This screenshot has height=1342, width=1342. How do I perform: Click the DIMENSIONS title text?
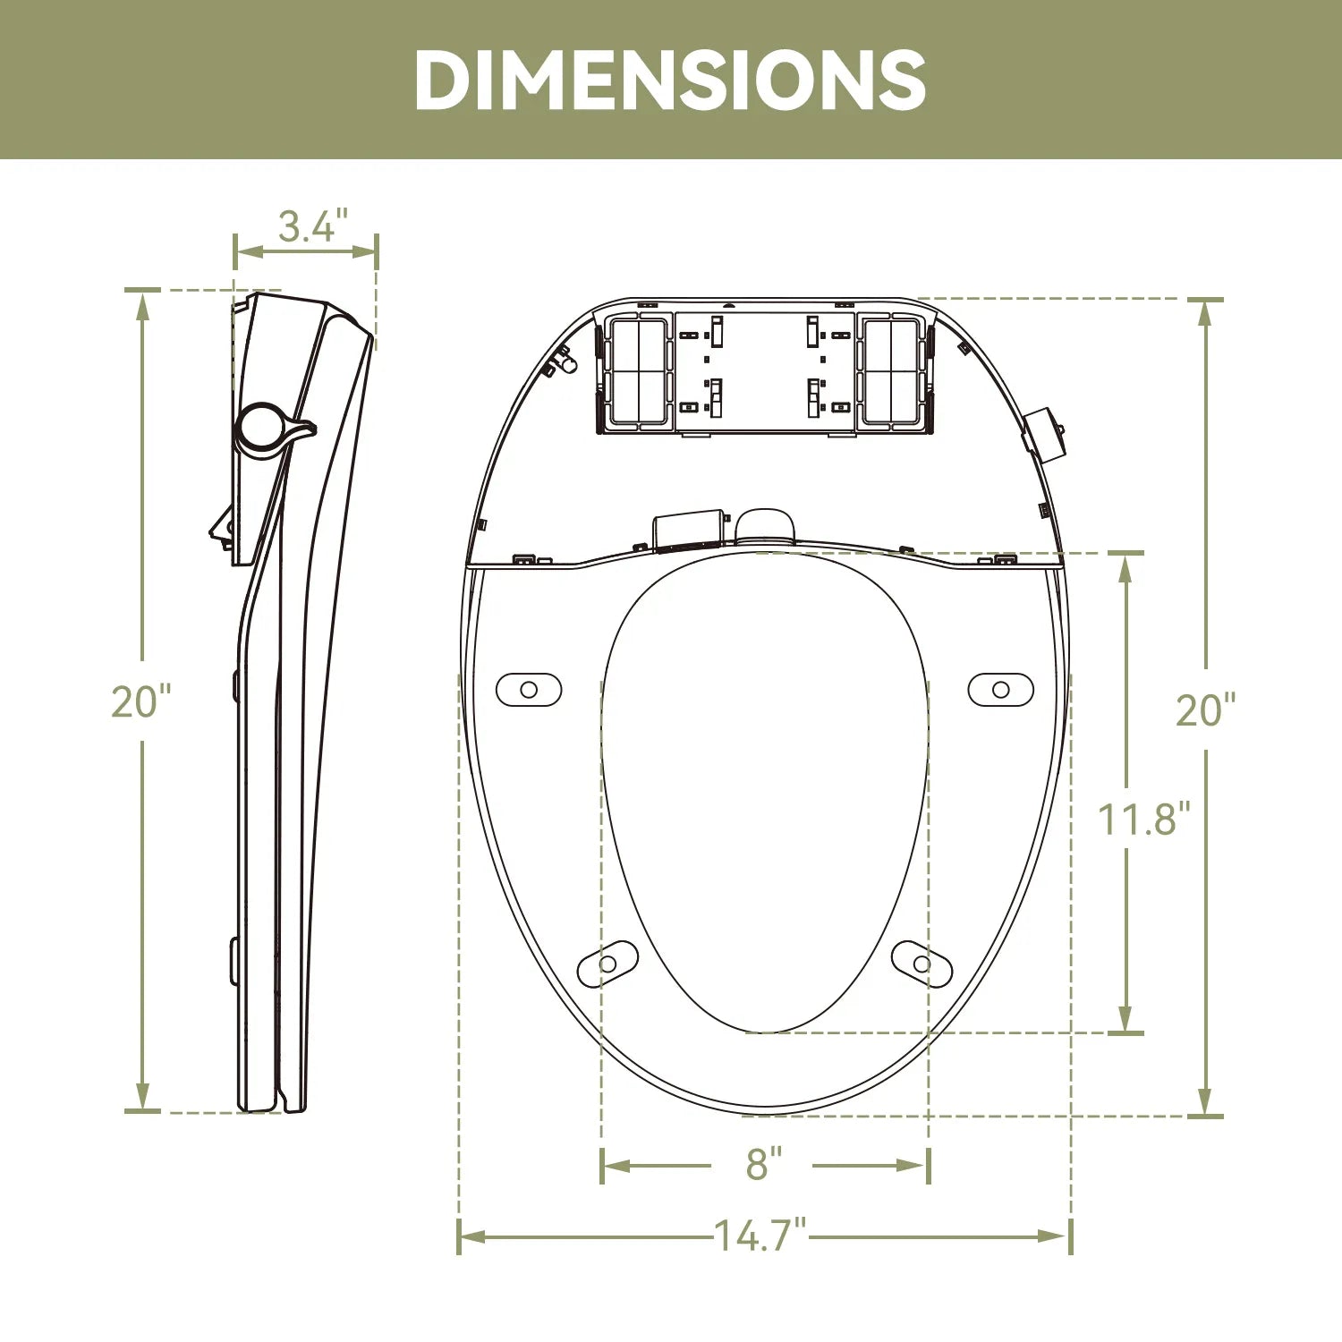(x=670, y=80)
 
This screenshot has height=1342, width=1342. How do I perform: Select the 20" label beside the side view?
(x=140, y=701)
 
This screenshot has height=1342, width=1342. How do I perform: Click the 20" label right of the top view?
(x=1204, y=709)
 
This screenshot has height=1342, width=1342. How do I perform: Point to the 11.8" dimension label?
(x=1144, y=819)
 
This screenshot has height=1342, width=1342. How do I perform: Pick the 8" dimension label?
(x=763, y=1164)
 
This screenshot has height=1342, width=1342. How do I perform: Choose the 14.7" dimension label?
(x=760, y=1236)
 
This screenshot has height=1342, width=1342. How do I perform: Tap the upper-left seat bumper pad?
(x=529, y=690)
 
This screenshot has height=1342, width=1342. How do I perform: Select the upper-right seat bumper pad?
(x=1001, y=690)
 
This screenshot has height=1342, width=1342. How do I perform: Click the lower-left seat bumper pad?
(x=607, y=964)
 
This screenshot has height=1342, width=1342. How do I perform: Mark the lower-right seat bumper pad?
(x=922, y=964)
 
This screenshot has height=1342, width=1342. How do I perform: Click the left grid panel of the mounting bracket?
(x=638, y=371)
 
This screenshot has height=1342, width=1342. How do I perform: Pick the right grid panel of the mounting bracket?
(x=890, y=371)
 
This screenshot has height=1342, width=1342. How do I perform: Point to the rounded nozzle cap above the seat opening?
(x=765, y=526)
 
